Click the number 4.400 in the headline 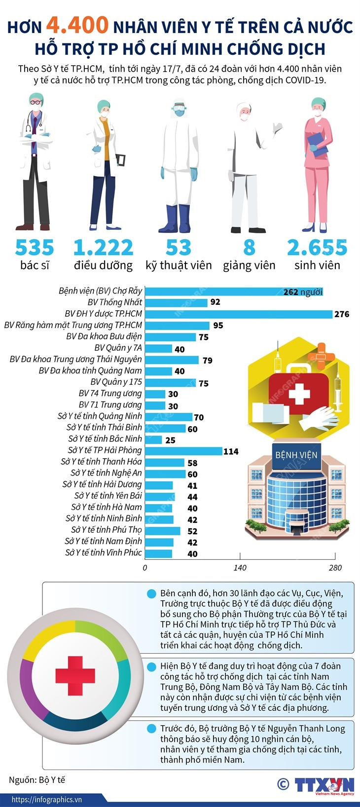pos(77,25)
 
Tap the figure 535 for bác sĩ pos(35,248)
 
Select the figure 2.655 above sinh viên pos(317,248)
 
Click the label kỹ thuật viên pos(179,265)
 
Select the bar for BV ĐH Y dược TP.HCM pos(239,314)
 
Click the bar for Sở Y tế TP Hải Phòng pos(183,451)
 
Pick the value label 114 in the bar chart pos(231,451)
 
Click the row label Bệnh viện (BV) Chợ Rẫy pos(100,291)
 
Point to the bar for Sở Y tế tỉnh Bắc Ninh pos(153,440)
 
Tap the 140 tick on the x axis pos(240,568)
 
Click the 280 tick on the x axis pos(335,568)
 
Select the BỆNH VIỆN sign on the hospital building pos(296,455)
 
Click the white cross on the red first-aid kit pos(299,395)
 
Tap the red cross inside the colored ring pos(75,675)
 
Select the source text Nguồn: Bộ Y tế pos(37,780)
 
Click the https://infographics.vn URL pos(47,800)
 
